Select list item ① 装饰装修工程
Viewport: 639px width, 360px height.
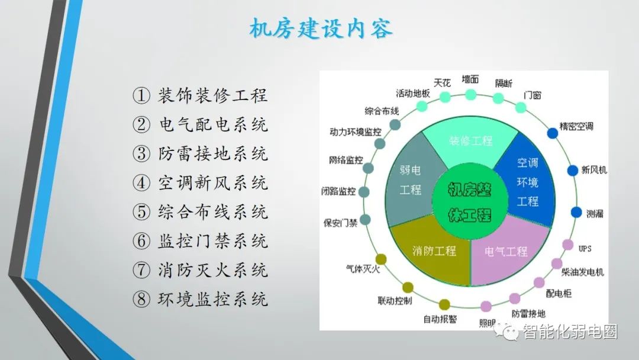pyautogui.click(x=201, y=95)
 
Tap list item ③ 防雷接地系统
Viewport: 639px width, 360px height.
pyautogui.click(x=201, y=154)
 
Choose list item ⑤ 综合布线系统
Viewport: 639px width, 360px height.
pyautogui.click(x=201, y=212)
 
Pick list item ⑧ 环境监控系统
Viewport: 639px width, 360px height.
pyautogui.click(x=201, y=300)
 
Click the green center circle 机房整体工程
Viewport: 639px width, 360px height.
pyautogui.click(x=470, y=201)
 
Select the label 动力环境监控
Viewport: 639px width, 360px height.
pyautogui.click(x=356, y=131)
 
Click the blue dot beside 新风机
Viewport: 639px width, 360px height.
pyautogui.click(x=573, y=171)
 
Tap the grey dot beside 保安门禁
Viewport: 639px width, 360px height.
pyautogui.click(x=366, y=220)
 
